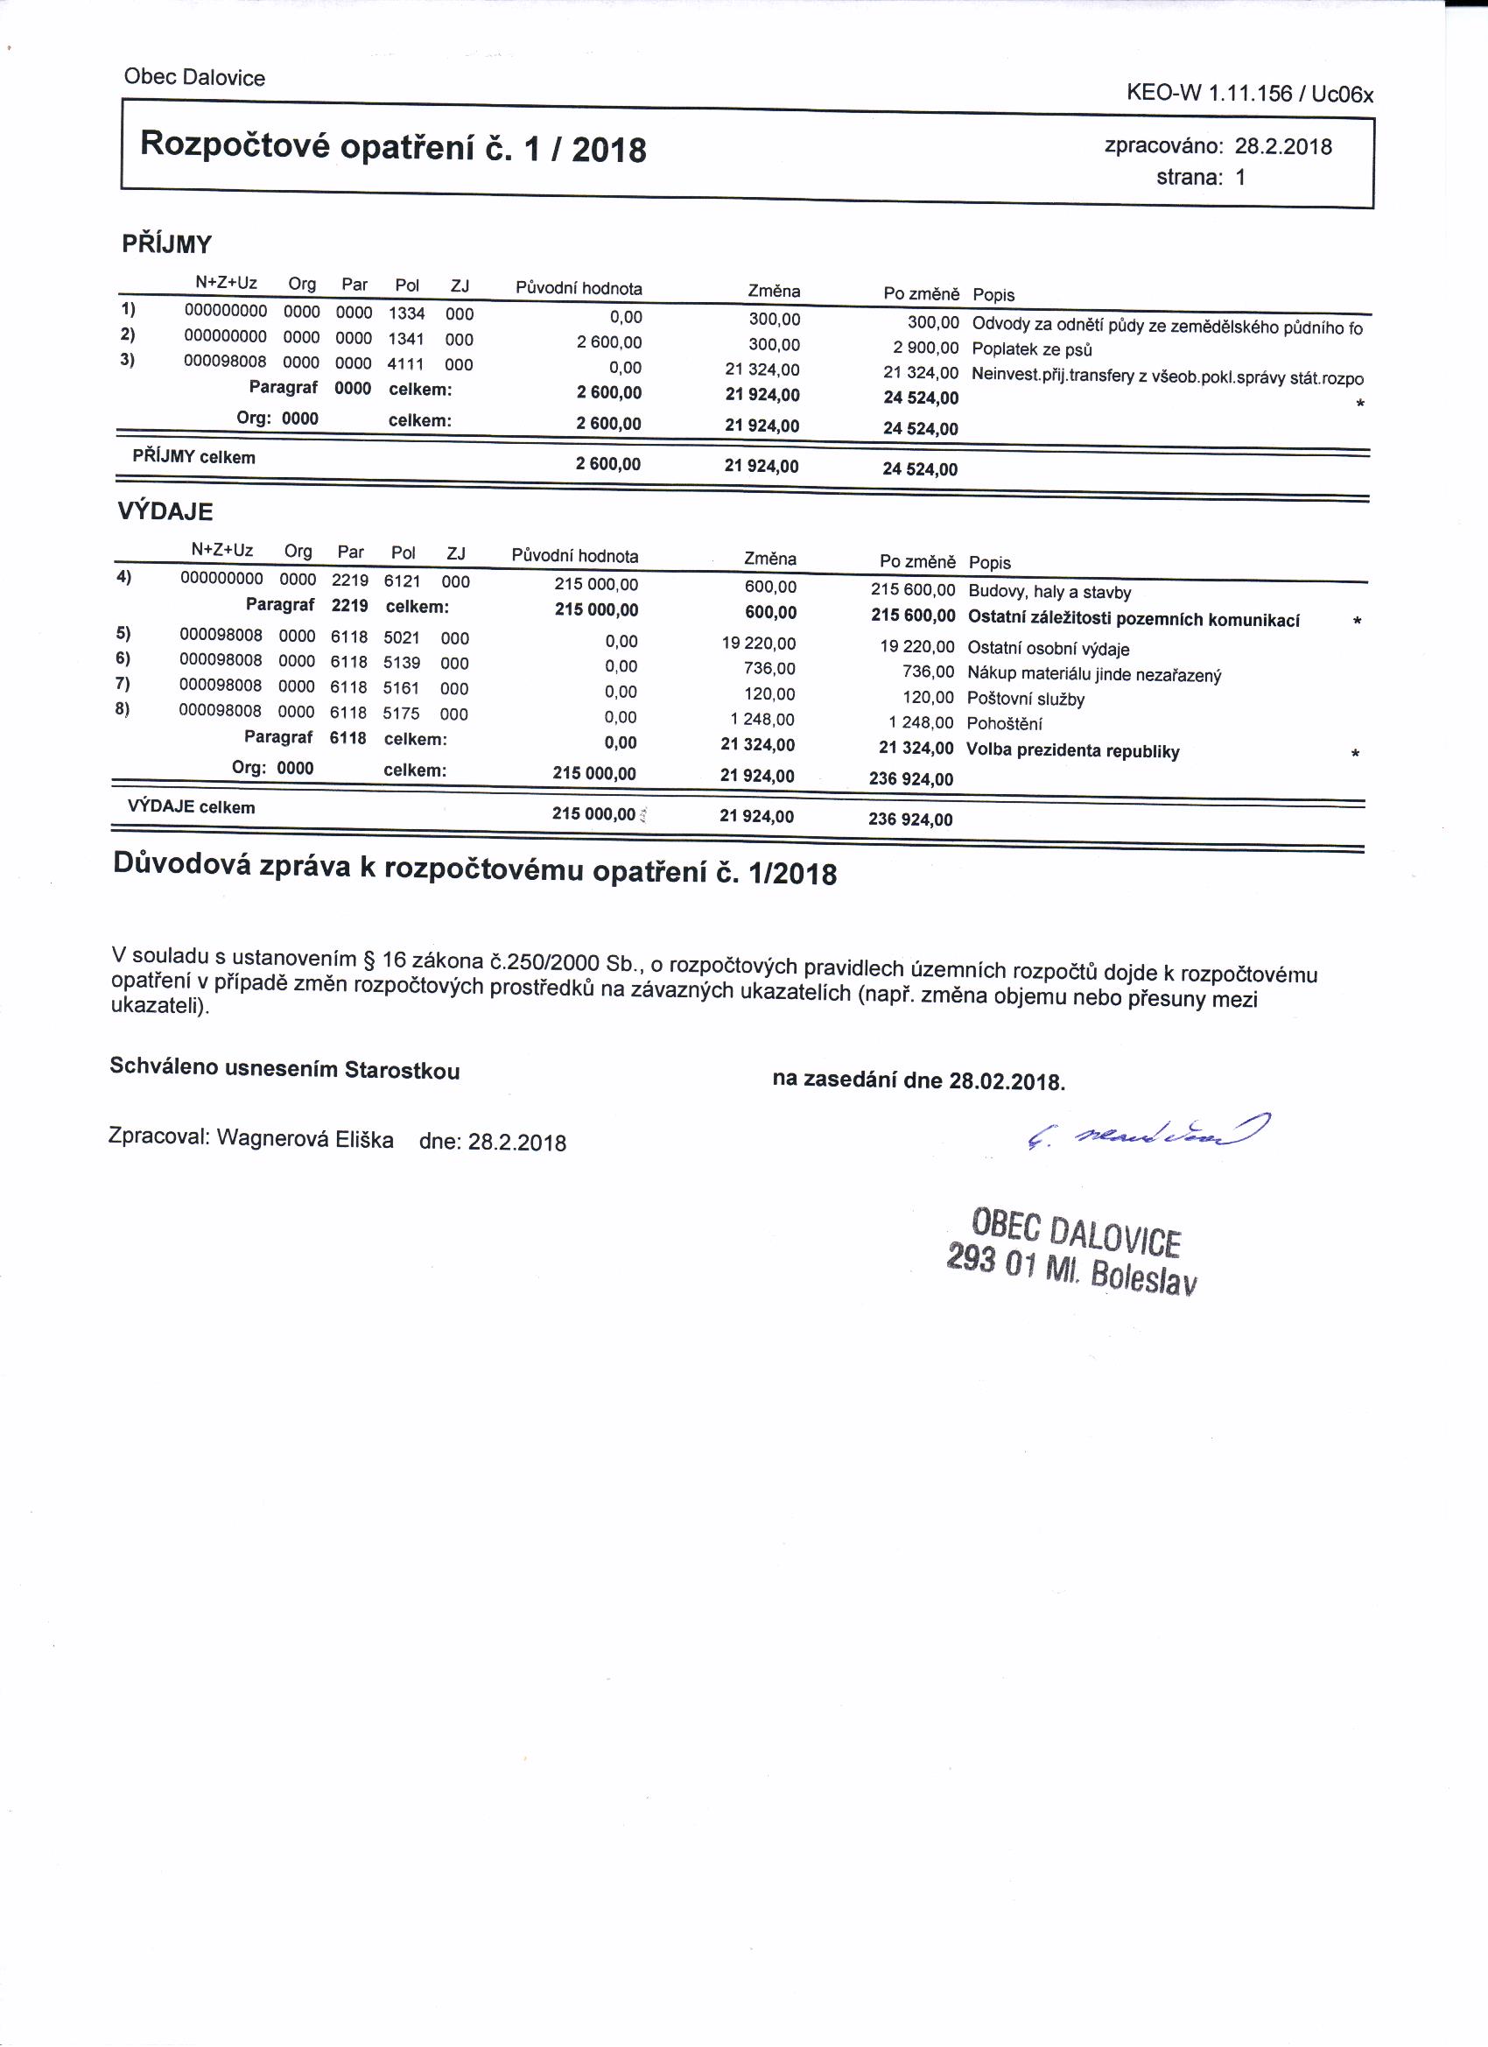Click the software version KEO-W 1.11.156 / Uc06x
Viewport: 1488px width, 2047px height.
click(1250, 94)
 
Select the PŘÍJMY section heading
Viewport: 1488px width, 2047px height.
click(167, 244)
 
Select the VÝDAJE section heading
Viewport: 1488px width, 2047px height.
click(165, 511)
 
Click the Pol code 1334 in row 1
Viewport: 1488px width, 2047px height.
click(407, 313)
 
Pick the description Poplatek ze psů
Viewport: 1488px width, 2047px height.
click(1031, 349)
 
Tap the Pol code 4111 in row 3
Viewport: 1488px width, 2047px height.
click(406, 363)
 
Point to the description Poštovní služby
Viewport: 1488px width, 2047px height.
click(1025, 699)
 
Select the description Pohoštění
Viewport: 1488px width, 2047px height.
click(1003, 724)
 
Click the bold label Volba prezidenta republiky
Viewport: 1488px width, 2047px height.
click(1072, 751)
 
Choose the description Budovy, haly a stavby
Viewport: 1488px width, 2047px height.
click(1049, 593)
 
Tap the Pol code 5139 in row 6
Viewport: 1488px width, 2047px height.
click(402, 664)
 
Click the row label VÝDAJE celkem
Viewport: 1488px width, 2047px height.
click(192, 807)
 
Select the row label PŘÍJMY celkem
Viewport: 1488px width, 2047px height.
click(194, 458)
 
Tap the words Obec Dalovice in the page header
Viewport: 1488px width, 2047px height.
click(195, 78)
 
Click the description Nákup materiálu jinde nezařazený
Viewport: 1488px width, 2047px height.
click(1093, 674)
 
